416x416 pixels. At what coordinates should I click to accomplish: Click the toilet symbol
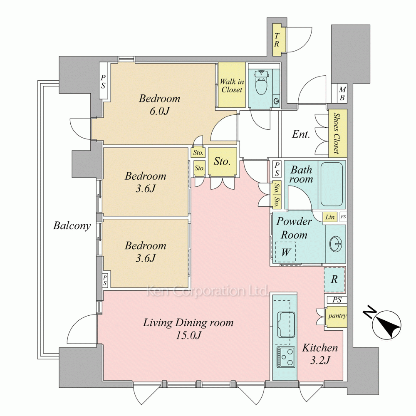pyautogui.click(x=261, y=82)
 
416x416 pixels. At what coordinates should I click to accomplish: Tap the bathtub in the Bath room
pyautogui.click(x=332, y=184)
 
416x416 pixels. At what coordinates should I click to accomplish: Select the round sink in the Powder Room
pyautogui.click(x=336, y=243)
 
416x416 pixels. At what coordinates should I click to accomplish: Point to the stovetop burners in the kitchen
pyautogui.click(x=286, y=357)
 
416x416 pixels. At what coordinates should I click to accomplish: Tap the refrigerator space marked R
pyautogui.click(x=334, y=280)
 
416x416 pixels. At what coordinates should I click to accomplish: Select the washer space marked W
pyautogui.click(x=285, y=252)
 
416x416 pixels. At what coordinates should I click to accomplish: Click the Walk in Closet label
pyautogui.click(x=232, y=86)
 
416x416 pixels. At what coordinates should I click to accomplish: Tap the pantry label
pyautogui.click(x=337, y=316)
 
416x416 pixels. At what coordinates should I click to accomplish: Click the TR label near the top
pyautogui.click(x=277, y=40)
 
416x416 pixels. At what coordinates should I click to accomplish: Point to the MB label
pyautogui.click(x=342, y=94)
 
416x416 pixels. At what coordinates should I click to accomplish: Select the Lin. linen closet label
pyautogui.click(x=331, y=217)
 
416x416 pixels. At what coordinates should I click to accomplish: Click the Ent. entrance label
pyautogui.click(x=301, y=134)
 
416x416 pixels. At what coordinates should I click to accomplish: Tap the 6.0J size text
pyautogui.click(x=159, y=111)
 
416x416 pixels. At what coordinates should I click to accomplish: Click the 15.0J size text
pyautogui.click(x=188, y=336)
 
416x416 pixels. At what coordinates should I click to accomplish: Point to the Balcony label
pyautogui.click(x=72, y=225)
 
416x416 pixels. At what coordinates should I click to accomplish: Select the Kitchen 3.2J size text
pyautogui.click(x=320, y=360)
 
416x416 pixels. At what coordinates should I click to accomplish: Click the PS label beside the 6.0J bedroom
pyautogui.click(x=103, y=82)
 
